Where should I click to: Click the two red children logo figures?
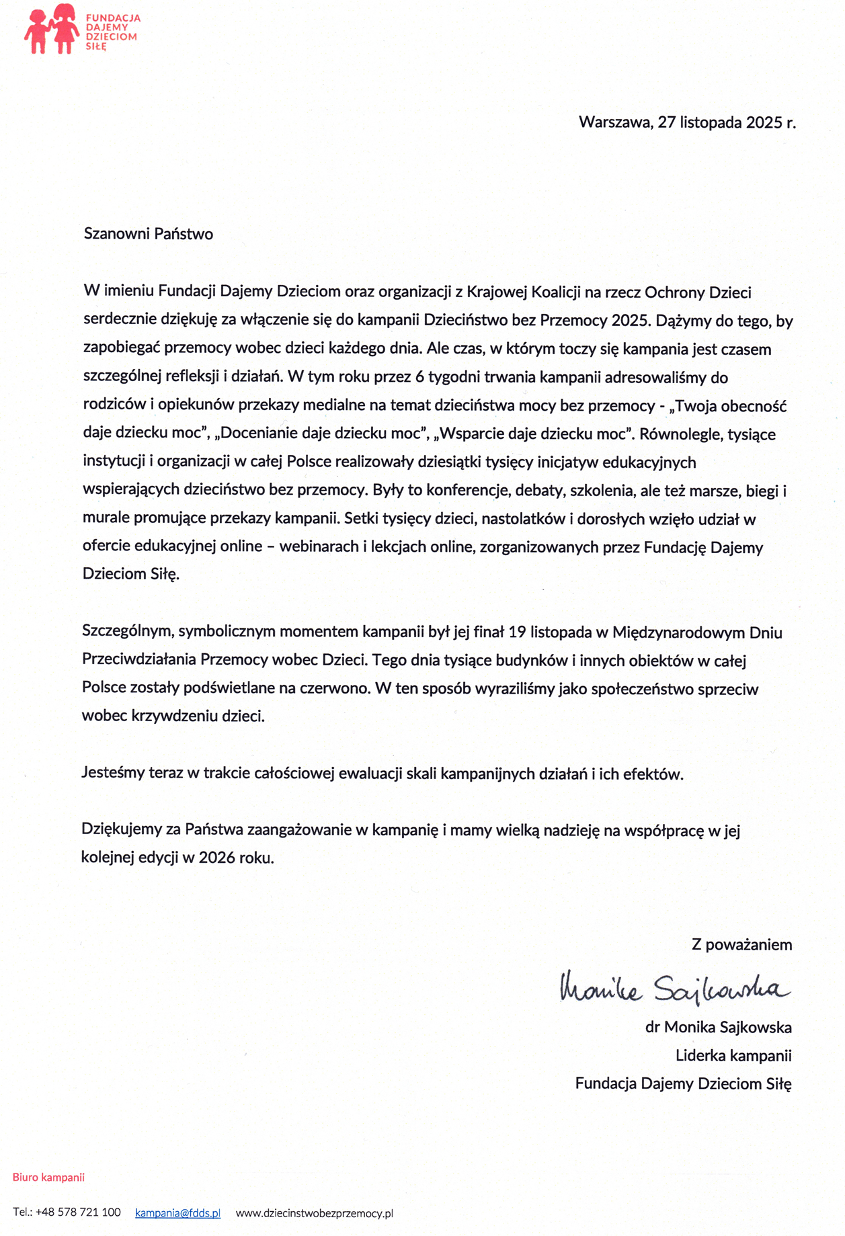[x=51, y=28]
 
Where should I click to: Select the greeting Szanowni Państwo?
[x=149, y=234]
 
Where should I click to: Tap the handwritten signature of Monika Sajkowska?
[x=674, y=987]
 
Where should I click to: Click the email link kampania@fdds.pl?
[x=177, y=1213]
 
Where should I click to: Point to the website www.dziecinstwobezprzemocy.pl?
[x=314, y=1213]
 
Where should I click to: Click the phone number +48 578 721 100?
[x=78, y=1212]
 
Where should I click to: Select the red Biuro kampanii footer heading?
[x=48, y=1178]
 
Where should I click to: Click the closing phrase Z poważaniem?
[x=741, y=945]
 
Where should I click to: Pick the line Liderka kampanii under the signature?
[x=733, y=1056]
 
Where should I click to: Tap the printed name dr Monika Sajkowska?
[x=718, y=1028]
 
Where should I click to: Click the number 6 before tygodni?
[x=419, y=377]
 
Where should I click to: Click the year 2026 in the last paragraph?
[x=216, y=858]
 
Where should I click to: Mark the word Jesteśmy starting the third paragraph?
[x=114, y=774]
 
